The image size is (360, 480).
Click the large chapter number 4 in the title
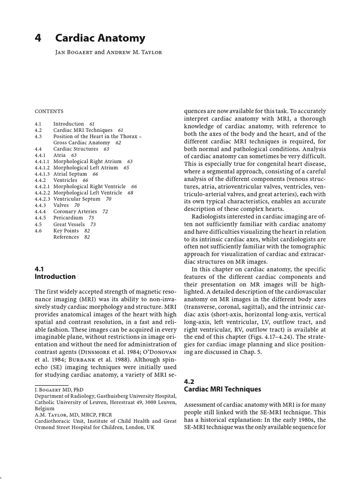tap(38, 38)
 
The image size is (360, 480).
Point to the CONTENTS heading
tap(49, 112)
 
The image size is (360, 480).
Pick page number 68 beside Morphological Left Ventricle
tap(130, 193)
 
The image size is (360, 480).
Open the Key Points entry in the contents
tap(66, 231)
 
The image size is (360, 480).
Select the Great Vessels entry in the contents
tap(69, 225)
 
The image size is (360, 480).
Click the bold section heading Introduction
tap(55, 277)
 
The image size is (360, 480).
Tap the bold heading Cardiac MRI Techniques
tap(222, 389)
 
